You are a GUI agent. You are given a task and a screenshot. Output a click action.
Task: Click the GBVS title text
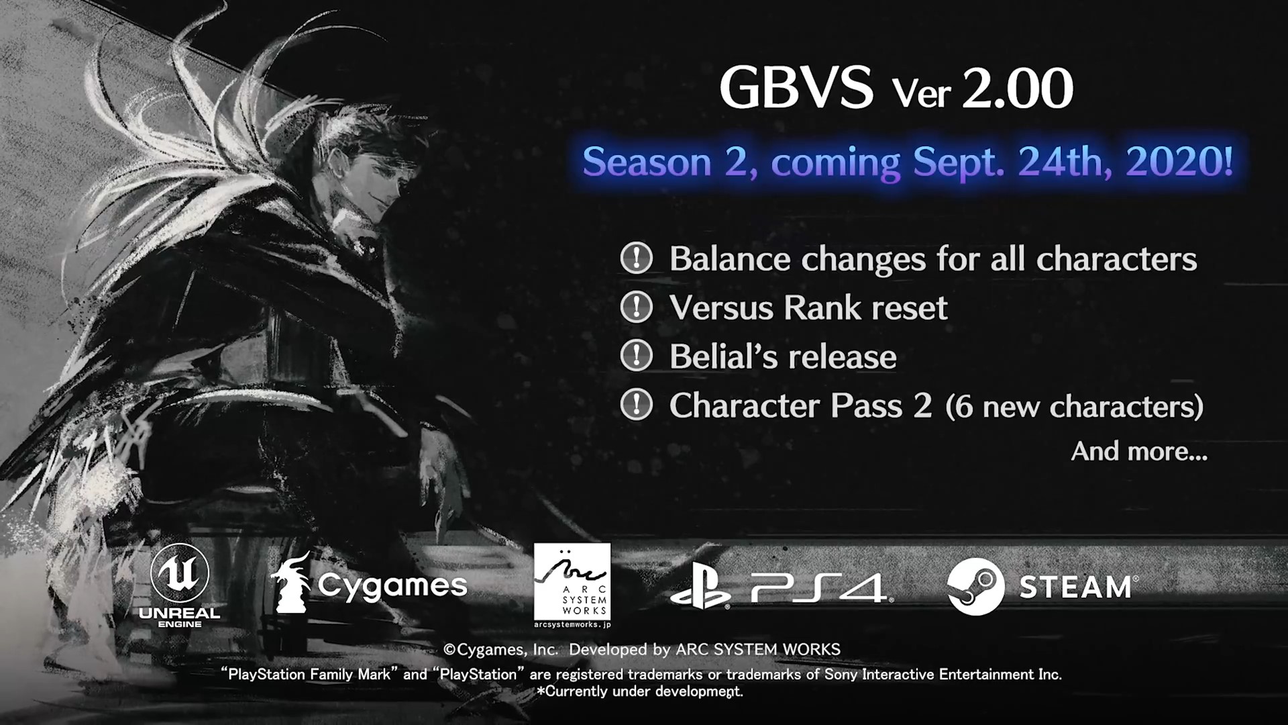[796, 88]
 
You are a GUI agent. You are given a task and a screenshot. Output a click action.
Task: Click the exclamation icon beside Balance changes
[636, 258]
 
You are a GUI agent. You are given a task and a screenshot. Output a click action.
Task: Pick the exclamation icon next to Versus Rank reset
[636, 307]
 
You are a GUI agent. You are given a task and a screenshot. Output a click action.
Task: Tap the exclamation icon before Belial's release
[636, 356]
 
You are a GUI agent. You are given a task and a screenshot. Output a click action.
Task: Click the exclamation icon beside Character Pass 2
[636, 405]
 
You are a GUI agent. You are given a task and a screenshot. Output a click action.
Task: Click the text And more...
[1139, 451]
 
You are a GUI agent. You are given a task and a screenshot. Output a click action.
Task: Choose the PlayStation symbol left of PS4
[700, 589]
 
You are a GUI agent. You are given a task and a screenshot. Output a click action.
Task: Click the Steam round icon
[976, 587]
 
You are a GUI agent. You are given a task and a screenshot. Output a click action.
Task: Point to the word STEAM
[1075, 587]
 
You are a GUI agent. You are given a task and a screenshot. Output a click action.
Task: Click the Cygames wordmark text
[392, 586]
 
